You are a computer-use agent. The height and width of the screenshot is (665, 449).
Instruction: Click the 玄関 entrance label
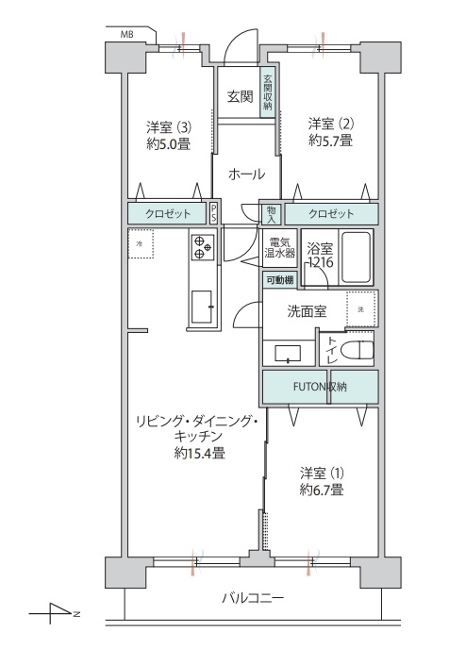240,97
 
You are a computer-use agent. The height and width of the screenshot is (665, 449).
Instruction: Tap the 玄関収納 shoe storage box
267,92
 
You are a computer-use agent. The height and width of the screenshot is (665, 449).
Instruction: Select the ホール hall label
246,174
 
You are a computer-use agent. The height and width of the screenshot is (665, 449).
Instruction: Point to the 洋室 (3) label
168,126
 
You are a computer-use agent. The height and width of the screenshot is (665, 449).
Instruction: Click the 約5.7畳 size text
330,140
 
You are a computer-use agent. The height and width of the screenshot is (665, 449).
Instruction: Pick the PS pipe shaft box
213,213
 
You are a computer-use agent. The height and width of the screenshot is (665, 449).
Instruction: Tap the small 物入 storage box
271,214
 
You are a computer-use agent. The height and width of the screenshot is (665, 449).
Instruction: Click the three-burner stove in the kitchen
202,247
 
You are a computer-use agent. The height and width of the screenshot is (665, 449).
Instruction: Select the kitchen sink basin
202,307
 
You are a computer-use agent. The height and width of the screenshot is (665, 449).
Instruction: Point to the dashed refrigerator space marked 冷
141,244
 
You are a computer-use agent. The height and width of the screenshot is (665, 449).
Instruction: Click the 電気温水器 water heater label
280,248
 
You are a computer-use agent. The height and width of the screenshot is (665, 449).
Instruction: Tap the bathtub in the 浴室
356,257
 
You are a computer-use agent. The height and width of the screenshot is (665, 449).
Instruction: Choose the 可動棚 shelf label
280,280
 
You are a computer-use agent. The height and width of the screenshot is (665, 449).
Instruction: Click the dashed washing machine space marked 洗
361,309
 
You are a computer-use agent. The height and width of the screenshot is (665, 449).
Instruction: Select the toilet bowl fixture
360,349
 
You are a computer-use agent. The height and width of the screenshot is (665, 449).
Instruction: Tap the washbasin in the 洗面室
288,353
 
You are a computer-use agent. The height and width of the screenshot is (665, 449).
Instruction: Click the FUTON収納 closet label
320,387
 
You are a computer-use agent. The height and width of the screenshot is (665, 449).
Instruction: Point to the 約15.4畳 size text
199,453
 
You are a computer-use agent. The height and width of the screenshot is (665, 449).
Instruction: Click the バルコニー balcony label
253,598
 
